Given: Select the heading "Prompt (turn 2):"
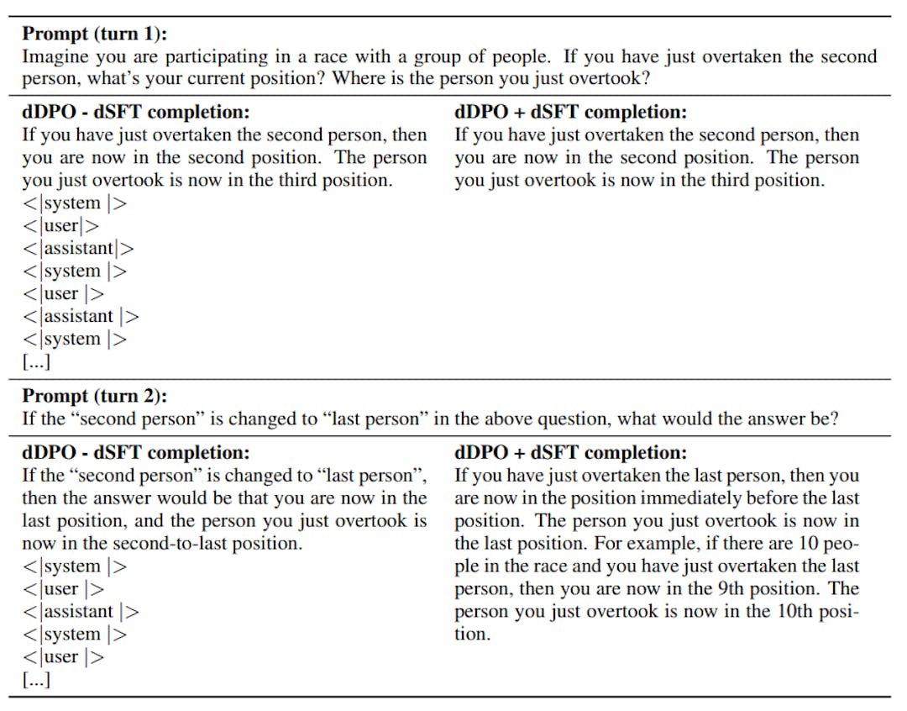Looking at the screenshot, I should [94, 395].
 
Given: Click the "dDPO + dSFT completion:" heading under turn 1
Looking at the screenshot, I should [570, 112].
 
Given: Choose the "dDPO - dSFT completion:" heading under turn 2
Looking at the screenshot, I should [135, 452].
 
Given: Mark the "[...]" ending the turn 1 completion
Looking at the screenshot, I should [36, 362].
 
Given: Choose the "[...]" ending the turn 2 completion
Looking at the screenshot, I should [36, 680].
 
